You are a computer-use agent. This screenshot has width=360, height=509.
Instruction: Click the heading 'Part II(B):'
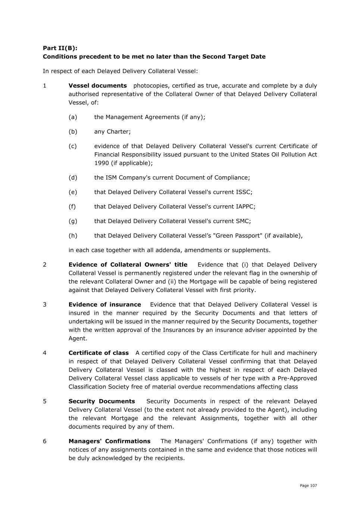60,48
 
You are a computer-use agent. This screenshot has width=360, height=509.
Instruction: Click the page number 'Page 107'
309,486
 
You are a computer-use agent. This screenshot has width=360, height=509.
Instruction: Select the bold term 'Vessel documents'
98,86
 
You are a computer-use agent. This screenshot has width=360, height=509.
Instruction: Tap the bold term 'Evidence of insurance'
105,305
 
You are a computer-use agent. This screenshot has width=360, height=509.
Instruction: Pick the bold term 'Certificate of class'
98,353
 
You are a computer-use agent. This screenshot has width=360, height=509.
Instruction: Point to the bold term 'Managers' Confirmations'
109,441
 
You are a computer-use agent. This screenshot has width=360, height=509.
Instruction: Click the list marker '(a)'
73,117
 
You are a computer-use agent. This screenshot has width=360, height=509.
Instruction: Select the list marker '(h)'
73,236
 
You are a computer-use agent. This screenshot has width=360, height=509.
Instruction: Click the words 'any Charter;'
112,132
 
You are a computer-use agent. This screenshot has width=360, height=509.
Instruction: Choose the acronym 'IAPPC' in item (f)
245,207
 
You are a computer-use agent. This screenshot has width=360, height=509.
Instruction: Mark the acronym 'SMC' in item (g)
243,221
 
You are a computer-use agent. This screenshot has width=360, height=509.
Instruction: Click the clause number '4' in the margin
45,353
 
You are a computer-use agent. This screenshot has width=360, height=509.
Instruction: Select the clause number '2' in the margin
45,265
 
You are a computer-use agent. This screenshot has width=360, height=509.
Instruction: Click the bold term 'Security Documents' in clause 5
101,401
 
